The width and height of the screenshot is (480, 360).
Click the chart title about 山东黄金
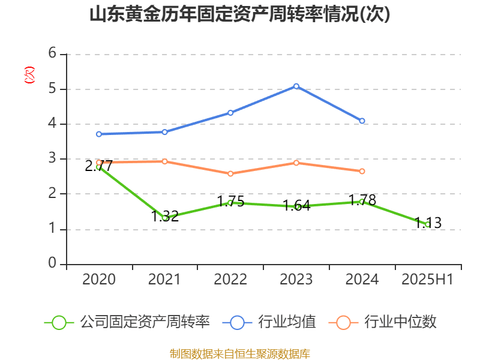[x=240, y=14]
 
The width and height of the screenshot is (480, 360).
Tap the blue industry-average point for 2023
[x=296, y=86]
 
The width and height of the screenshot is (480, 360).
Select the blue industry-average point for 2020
[x=99, y=134]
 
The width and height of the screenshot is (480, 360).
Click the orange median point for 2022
[x=230, y=174]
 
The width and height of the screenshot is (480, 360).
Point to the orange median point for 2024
[x=362, y=171]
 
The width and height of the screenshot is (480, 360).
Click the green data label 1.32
[x=164, y=216]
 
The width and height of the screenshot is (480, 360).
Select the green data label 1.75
[x=230, y=201]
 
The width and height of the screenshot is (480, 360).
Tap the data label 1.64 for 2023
[x=296, y=205]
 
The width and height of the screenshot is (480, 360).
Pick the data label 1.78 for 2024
[x=362, y=200]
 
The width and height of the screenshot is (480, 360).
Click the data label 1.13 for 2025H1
[x=428, y=223]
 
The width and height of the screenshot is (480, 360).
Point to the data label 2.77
[x=98, y=166]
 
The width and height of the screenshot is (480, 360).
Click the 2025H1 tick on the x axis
[x=428, y=280]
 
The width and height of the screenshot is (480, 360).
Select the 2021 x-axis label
[x=164, y=280]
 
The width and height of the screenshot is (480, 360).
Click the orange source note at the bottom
[x=240, y=353]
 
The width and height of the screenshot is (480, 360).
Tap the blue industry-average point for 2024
[x=362, y=121]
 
